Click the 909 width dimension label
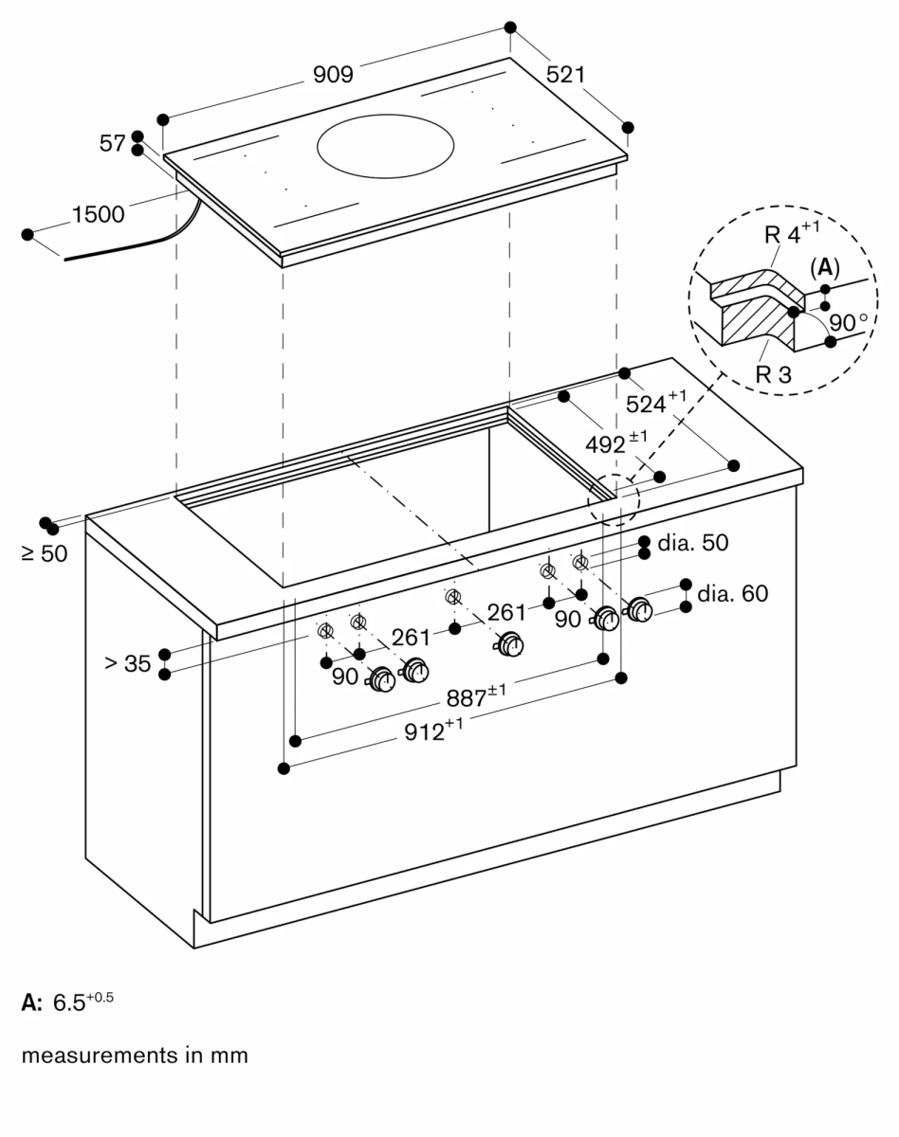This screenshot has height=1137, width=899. point(333,75)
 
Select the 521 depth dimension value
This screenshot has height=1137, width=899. point(566,74)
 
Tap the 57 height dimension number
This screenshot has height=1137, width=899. point(112,144)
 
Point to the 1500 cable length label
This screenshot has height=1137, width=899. point(98,215)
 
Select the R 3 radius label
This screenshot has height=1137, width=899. point(773,373)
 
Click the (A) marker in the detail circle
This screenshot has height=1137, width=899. point(825,268)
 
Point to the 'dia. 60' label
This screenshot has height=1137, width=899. point(732,594)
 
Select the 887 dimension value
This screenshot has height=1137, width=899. point(470,699)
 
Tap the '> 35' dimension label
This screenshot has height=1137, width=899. point(128,664)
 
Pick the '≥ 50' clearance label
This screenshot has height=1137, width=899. point(45,553)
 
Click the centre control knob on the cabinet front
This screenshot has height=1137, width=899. point(512,644)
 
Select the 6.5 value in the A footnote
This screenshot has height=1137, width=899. point(71,1003)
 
